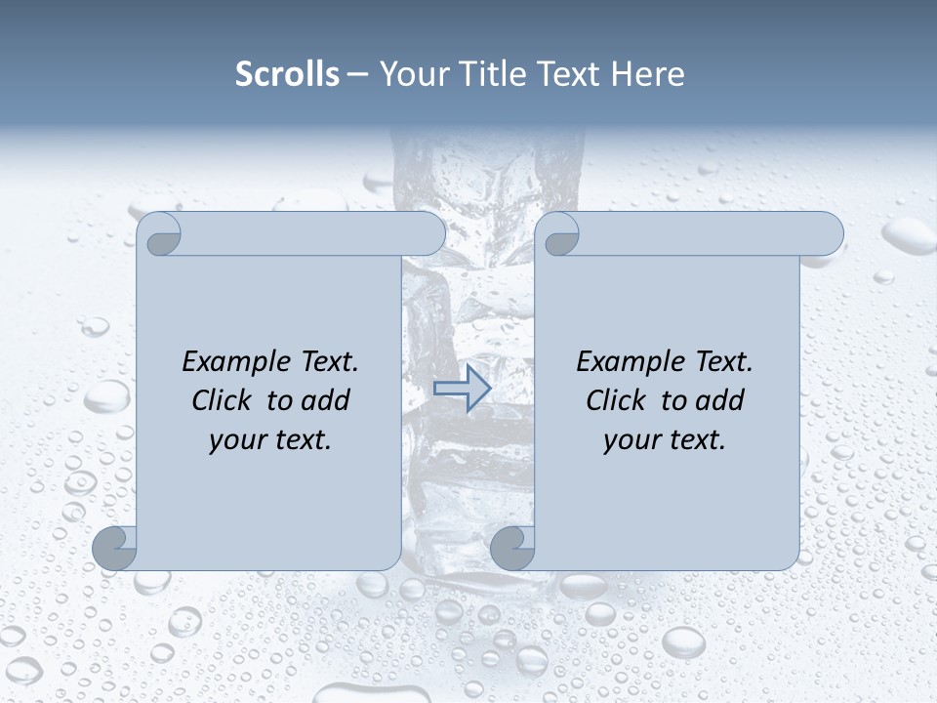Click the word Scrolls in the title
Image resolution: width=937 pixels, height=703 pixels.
(287, 74)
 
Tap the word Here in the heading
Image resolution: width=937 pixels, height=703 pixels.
(647, 74)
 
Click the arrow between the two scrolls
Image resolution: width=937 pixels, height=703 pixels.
(462, 388)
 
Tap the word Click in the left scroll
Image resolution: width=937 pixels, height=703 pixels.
(221, 400)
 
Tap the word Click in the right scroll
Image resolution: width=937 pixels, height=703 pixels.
(615, 400)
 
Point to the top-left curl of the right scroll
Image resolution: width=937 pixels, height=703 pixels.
(559, 235)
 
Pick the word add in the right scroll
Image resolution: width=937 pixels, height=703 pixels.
(721, 400)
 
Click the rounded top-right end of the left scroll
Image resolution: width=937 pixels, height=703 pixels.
(429, 234)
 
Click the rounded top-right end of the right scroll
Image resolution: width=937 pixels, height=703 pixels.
(828, 234)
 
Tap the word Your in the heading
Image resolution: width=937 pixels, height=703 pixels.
(410, 74)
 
